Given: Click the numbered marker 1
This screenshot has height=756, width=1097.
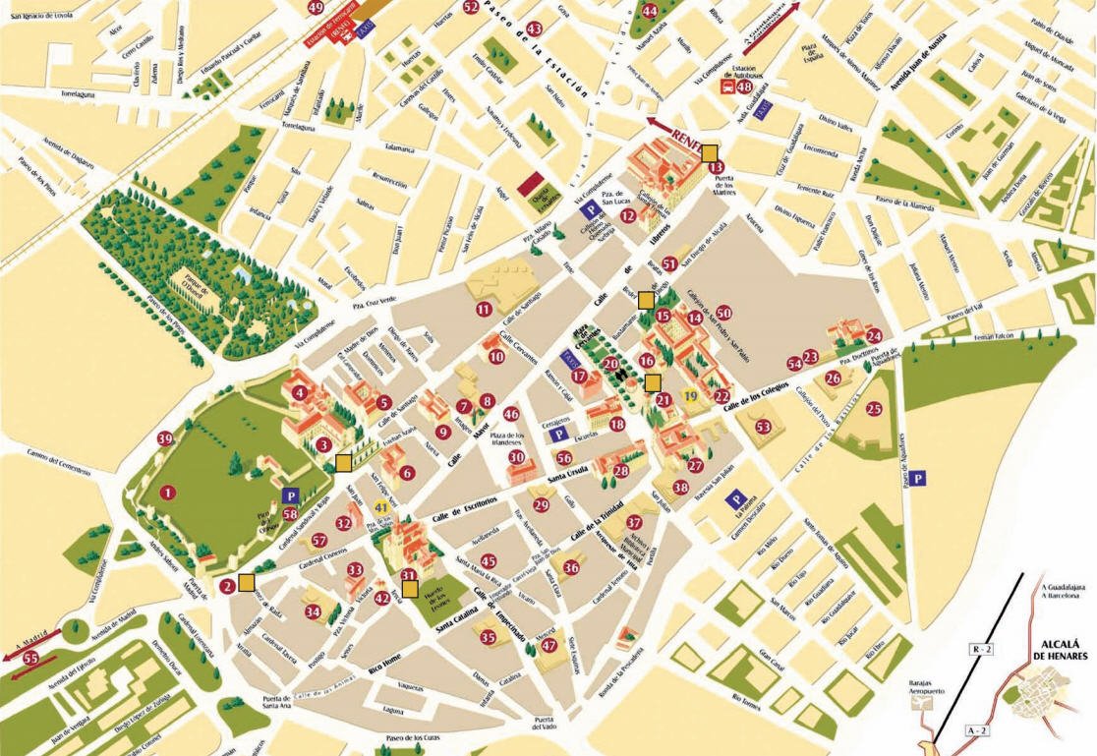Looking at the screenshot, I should [168, 491].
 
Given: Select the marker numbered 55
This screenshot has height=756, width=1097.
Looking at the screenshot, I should [30, 658].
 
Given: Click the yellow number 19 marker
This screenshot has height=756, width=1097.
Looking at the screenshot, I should [691, 395].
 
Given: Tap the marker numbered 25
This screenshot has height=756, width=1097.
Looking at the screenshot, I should [874, 408].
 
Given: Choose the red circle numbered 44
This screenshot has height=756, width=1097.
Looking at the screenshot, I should [649, 11].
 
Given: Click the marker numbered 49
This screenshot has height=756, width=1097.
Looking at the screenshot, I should [316, 7].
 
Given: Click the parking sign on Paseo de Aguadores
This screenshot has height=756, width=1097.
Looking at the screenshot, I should [918, 478].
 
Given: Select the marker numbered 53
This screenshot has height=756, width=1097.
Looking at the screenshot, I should [764, 426].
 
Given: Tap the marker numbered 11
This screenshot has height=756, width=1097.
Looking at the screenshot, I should [483, 309].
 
